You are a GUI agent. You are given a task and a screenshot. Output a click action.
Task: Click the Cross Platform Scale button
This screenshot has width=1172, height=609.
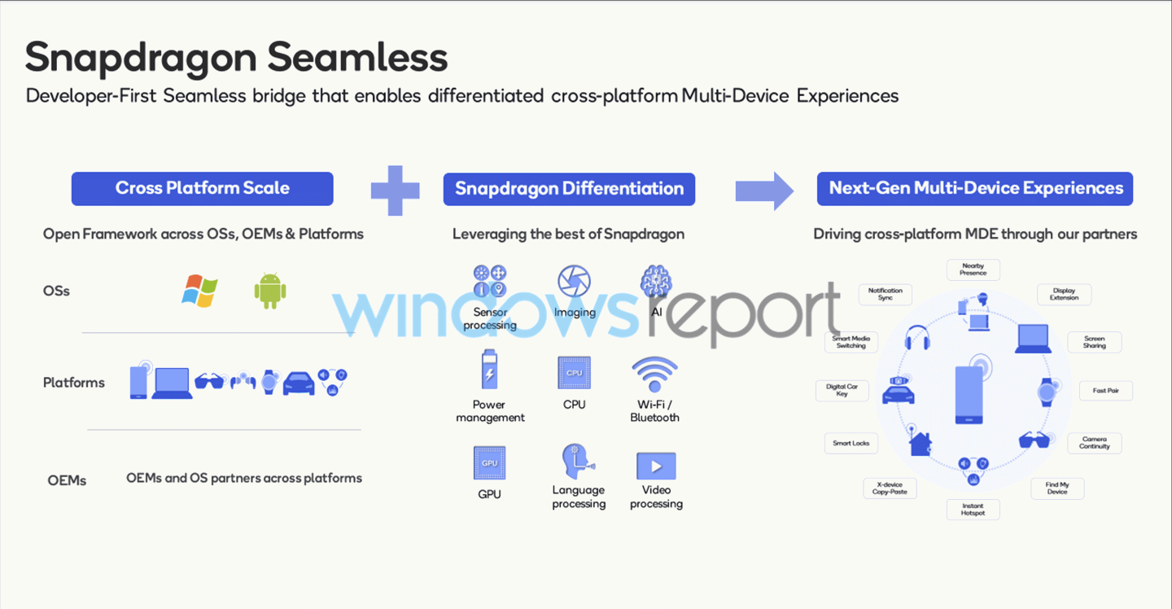[x=202, y=188]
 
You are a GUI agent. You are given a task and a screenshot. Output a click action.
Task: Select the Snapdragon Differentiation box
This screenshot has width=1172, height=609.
[x=569, y=189]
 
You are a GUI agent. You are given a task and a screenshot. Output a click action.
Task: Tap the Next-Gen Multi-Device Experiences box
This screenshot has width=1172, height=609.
[x=975, y=188]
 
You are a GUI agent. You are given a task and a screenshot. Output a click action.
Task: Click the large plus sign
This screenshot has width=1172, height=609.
[x=395, y=191]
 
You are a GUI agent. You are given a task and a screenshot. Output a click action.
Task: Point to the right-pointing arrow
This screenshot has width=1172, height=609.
[x=764, y=191]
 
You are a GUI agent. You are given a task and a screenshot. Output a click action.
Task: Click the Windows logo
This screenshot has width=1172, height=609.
[x=199, y=291]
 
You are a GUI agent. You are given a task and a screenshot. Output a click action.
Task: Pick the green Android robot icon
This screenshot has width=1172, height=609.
[x=270, y=291]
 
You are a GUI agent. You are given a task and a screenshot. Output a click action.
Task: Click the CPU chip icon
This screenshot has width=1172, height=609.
[x=574, y=373]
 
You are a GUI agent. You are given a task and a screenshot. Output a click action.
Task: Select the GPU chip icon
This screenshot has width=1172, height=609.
[x=489, y=462]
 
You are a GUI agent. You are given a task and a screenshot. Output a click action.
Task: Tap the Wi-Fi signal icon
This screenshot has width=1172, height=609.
[x=654, y=374]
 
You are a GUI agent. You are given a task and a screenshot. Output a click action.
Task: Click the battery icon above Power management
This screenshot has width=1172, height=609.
[x=489, y=370]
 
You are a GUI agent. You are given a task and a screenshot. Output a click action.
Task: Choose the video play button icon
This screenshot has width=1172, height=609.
[x=656, y=466]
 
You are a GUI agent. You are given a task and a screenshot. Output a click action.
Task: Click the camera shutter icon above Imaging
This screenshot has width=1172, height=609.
[x=574, y=281]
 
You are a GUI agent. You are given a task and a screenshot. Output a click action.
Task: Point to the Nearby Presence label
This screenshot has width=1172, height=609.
[x=973, y=269]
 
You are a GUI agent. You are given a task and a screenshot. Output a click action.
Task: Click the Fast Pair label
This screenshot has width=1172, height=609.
[x=1105, y=390]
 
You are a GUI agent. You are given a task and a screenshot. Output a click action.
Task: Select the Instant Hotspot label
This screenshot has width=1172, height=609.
[x=973, y=510]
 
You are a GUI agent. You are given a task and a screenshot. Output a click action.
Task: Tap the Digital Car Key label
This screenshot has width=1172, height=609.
[x=842, y=390]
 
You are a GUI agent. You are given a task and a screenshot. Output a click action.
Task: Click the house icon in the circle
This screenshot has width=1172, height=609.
[x=921, y=444]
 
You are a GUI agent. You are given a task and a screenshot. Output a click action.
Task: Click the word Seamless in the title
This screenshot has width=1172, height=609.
[x=357, y=57]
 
